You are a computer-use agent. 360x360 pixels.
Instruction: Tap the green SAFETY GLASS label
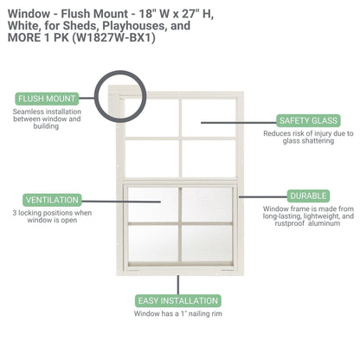coord(306,120)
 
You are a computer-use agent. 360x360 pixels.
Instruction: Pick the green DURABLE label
coord(308,196)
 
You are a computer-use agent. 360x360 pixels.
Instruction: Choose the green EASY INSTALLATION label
coord(177,300)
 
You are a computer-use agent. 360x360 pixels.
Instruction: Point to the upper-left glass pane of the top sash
coord(151,116)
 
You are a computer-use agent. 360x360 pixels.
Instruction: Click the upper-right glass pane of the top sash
coord(208,116)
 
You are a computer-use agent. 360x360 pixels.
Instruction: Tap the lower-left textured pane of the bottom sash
coord(151,246)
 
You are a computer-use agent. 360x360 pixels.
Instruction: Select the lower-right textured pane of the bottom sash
coord(208,246)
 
